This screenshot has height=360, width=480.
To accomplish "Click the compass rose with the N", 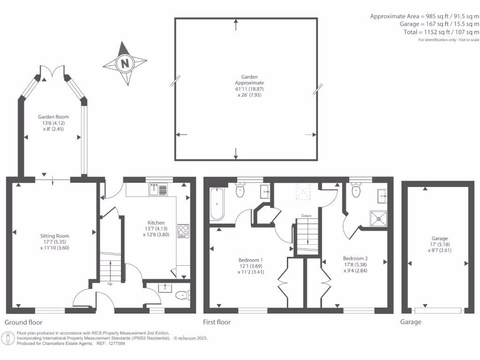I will [125, 63].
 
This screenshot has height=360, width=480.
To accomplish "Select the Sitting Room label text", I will [55, 236].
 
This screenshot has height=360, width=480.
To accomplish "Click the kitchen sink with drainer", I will [158, 190].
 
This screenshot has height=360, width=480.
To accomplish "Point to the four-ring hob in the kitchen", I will [183, 231].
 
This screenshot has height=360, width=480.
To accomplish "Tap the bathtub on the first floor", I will [217, 204].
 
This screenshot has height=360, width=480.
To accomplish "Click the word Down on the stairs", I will [307, 216].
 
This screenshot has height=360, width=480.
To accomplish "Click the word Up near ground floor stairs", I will [110, 284].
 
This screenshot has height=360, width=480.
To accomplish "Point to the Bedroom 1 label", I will [250, 260].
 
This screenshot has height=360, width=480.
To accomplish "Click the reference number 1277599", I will [116, 343].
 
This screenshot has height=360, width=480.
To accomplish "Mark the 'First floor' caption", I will [217, 322].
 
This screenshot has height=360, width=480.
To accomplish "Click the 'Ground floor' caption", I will [23, 322].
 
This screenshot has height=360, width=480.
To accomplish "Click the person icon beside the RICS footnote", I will [8, 338].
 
